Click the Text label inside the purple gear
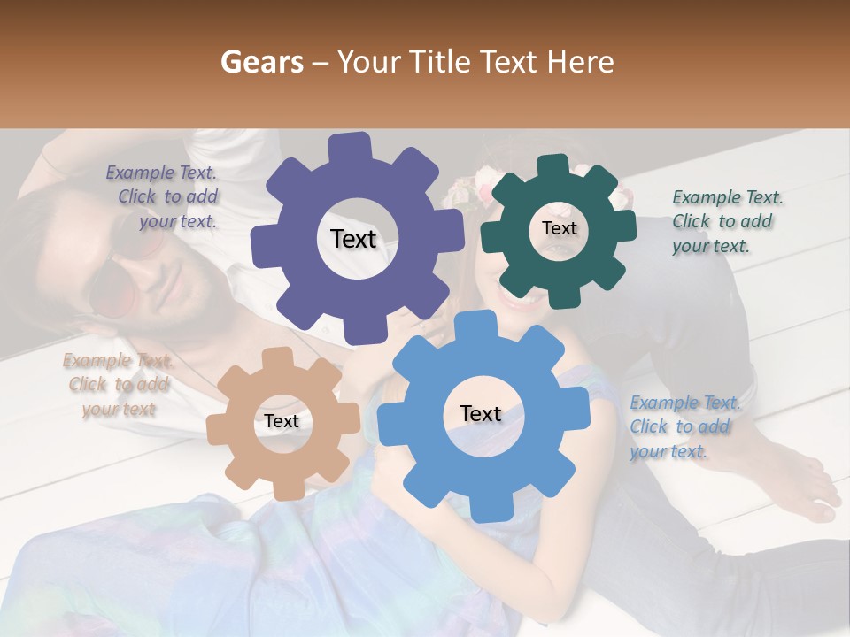click(x=353, y=239)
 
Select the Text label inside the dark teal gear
click(x=559, y=228)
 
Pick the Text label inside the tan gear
click(x=282, y=421)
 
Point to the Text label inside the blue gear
click(x=481, y=413)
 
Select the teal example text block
click(x=726, y=221)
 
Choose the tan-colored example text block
click(x=119, y=385)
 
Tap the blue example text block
click(x=684, y=426)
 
